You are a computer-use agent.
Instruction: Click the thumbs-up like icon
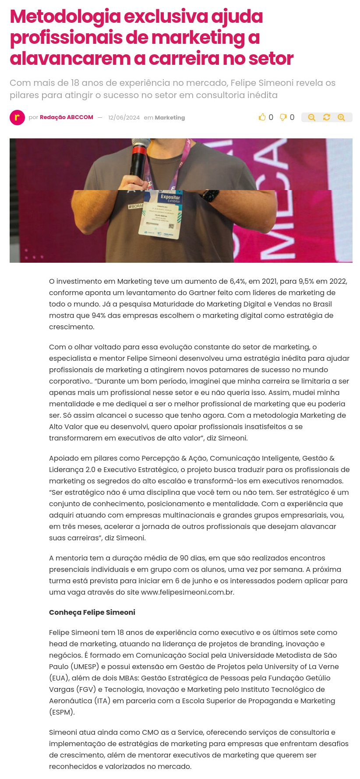click(x=262, y=117)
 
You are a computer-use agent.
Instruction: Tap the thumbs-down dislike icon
click(x=283, y=117)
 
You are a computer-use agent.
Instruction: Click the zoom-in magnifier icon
click(x=341, y=117)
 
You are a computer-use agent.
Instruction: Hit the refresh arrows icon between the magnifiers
click(x=326, y=117)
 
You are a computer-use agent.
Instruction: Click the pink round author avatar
click(x=17, y=117)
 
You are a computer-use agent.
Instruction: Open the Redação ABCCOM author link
click(x=66, y=117)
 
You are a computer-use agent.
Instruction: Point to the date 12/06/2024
click(x=124, y=118)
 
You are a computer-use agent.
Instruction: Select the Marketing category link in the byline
click(x=170, y=118)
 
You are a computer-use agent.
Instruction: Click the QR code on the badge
click(x=171, y=226)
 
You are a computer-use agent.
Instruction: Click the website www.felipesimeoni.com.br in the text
click(x=187, y=592)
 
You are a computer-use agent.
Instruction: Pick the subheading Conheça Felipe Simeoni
click(x=92, y=612)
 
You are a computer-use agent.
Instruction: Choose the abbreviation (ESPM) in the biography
click(x=62, y=712)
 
